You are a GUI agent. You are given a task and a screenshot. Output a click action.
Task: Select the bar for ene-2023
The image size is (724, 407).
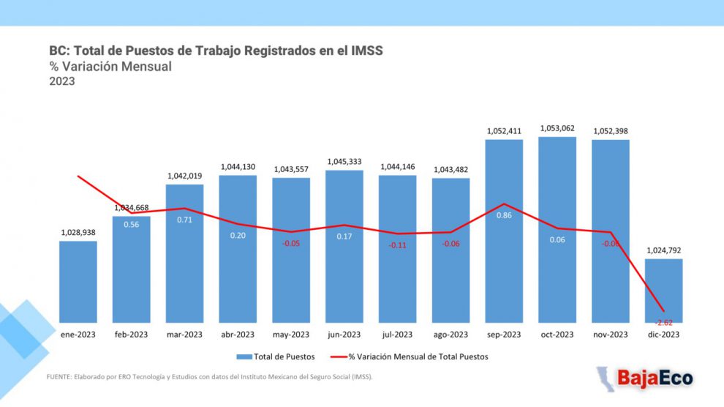point(78,282)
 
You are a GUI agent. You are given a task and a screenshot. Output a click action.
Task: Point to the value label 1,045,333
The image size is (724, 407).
point(344,161)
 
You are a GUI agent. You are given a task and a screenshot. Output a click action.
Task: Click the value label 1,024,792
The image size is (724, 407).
point(664,250)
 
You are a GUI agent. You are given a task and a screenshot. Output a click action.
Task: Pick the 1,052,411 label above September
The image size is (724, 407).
point(505,131)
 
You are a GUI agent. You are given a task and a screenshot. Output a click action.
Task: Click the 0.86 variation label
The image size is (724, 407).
point(505,215)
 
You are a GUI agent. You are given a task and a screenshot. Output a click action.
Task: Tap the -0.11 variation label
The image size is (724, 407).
point(398,245)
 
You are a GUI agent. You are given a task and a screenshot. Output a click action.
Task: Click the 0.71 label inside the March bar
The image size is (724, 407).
point(185,219)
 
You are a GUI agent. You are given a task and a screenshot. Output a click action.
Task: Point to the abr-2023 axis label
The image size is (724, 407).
point(238,335)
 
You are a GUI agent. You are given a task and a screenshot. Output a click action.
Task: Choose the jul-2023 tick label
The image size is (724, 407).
point(398,335)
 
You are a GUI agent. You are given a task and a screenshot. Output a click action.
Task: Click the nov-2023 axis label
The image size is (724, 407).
point(611,335)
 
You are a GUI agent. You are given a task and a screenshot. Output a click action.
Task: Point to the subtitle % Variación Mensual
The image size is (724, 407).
point(110,67)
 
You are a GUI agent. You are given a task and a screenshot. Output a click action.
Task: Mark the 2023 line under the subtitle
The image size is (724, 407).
point(62,82)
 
